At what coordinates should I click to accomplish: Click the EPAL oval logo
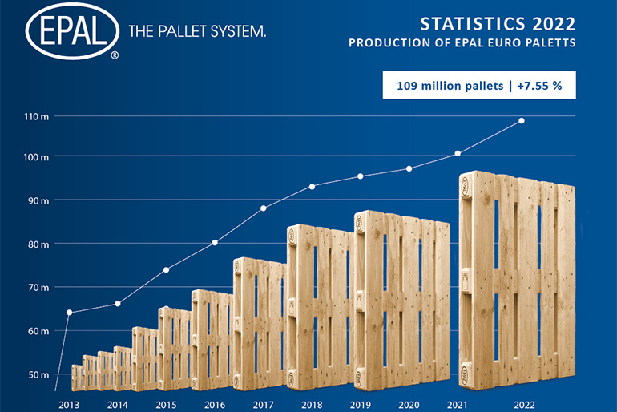[x=72, y=30]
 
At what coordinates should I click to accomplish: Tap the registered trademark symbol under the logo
[x=115, y=55]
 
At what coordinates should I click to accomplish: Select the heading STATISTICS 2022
[x=498, y=24]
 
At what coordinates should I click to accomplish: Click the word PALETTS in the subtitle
[x=551, y=43]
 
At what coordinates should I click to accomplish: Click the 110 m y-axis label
[x=36, y=116]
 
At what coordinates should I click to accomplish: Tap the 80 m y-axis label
[x=38, y=244]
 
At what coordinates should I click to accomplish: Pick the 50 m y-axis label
[x=38, y=374]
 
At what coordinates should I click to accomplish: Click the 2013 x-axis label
[x=69, y=405]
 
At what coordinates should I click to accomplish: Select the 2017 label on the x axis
[x=264, y=405]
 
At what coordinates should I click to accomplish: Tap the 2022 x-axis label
[x=524, y=405]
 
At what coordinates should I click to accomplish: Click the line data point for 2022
[x=522, y=121]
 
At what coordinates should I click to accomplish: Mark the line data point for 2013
[x=69, y=313]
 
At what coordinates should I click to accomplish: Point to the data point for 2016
[x=215, y=243]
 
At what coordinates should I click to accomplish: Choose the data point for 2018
[x=312, y=187]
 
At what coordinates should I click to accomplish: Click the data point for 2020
[x=409, y=169]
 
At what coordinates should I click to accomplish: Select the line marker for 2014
[x=118, y=304]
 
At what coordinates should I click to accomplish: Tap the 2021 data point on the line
[x=458, y=153]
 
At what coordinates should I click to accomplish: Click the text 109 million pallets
[x=450, y=86]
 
